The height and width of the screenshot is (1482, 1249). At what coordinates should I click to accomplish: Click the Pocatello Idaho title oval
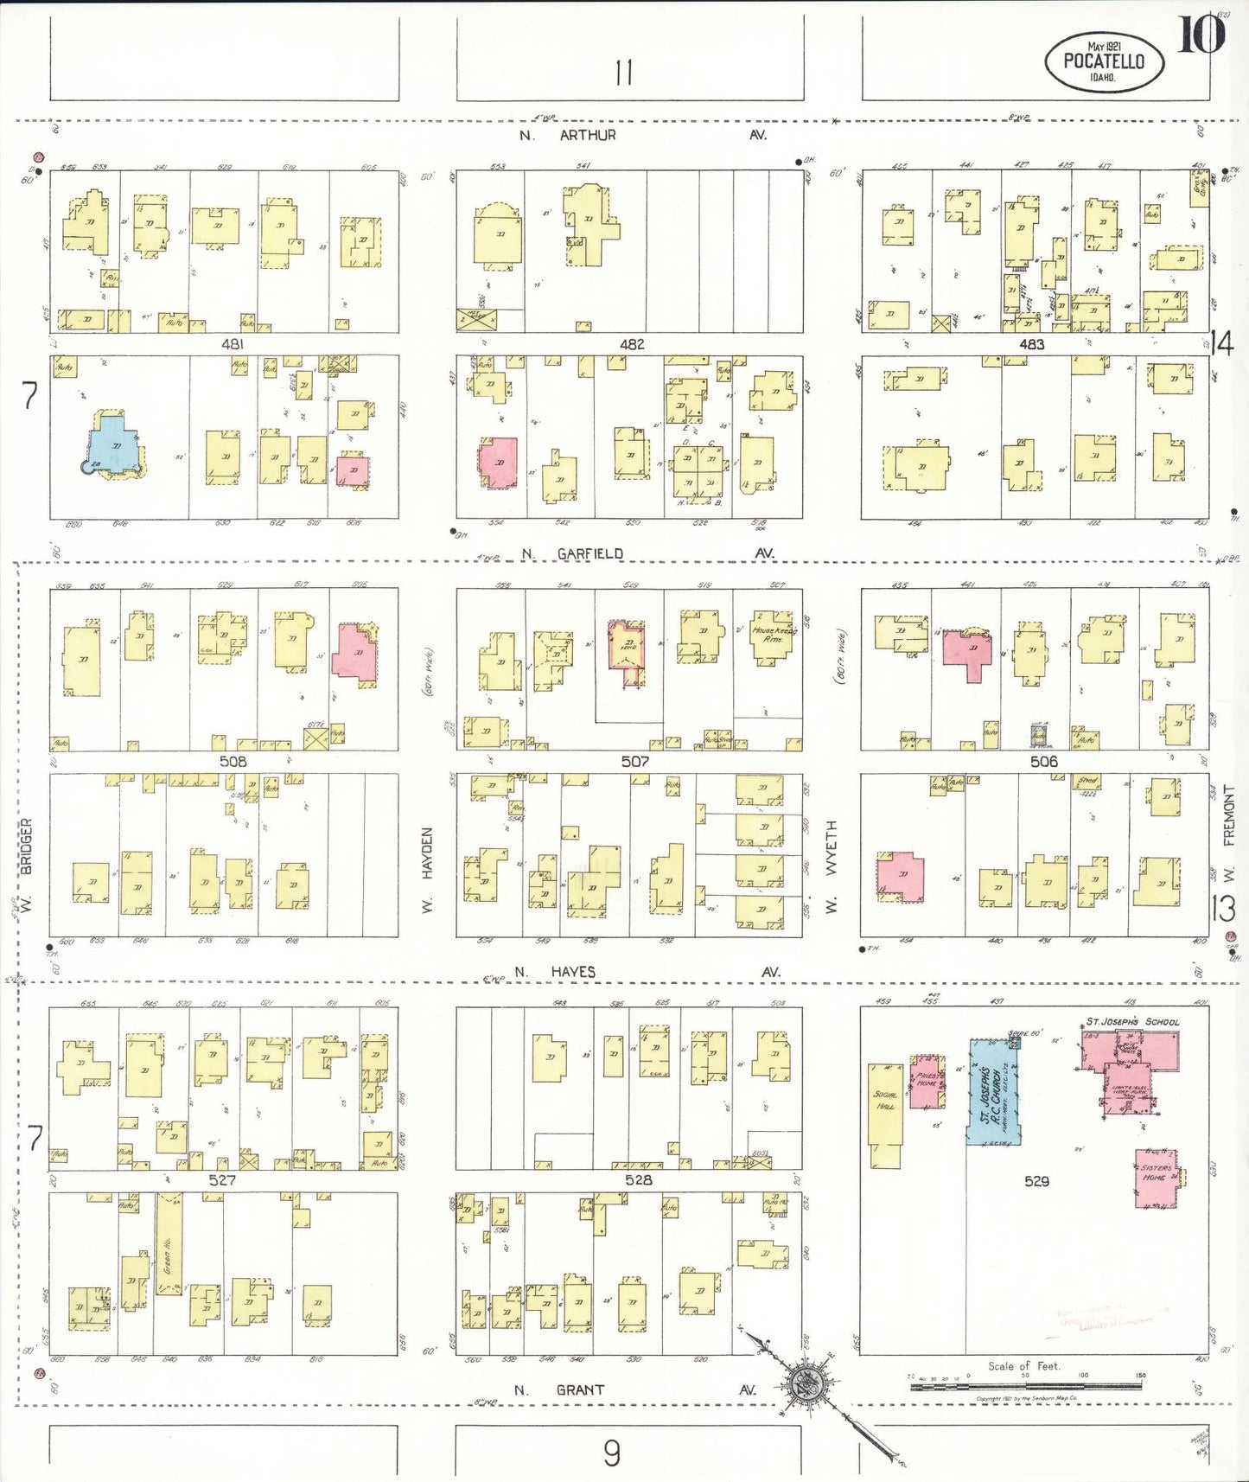1104,61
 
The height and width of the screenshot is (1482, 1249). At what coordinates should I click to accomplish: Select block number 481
233,344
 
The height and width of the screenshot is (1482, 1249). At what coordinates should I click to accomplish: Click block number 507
634,762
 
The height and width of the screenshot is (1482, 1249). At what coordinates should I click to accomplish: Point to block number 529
1036,1181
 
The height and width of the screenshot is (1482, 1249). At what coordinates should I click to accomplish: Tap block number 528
638,1180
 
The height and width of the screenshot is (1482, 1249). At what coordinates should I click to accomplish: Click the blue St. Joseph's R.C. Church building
994,1094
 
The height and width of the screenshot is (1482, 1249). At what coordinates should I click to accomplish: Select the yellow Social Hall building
884,1111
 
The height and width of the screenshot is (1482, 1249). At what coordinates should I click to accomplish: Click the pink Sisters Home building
1156,1178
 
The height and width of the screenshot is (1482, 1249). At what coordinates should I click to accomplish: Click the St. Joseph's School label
1132,1022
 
